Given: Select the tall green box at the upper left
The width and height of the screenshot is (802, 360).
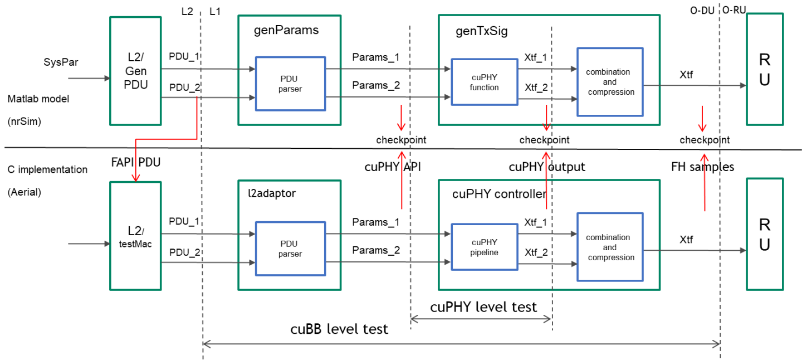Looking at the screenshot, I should (x=135, y=71).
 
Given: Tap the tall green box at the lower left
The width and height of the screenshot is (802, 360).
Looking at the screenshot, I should (x=135, y=236).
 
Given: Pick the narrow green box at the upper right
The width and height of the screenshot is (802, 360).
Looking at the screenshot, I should (x=765, y=69).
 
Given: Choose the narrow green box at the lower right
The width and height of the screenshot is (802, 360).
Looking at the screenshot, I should (x=765, y=234).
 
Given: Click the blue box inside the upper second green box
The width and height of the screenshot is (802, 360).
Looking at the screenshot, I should (x=290, y=84).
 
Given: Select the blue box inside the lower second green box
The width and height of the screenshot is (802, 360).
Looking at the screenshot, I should (x=290, y=249).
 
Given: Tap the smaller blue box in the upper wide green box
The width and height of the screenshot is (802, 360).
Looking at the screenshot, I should (x=485, y=82).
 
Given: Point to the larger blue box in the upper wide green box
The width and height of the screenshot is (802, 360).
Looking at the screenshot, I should (x=610, y=82).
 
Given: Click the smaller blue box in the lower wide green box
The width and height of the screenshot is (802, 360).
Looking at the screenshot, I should (x=485, y=247).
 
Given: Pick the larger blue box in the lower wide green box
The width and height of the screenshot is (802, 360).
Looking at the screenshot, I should (x=610, y=247).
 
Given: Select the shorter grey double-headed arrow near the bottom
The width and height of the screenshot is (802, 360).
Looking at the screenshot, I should (x=481, y=319).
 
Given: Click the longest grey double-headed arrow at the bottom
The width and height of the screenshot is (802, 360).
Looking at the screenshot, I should (x=462, y=344).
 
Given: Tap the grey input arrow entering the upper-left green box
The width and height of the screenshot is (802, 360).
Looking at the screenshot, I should (x=89, y=79).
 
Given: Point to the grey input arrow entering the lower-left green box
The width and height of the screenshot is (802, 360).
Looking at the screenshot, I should (x=89, y=244).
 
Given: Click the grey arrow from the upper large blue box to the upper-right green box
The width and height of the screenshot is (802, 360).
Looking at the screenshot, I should (x=695, y=86).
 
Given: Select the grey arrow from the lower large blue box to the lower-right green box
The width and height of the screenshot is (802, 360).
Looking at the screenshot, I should (x=695, y=251).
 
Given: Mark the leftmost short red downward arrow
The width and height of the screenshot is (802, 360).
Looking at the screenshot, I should (x=401, y=118).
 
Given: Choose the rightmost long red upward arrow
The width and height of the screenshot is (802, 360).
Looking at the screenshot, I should (x=705, y=183).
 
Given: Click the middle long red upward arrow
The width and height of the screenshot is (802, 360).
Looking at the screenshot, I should (x=546, y=181).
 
